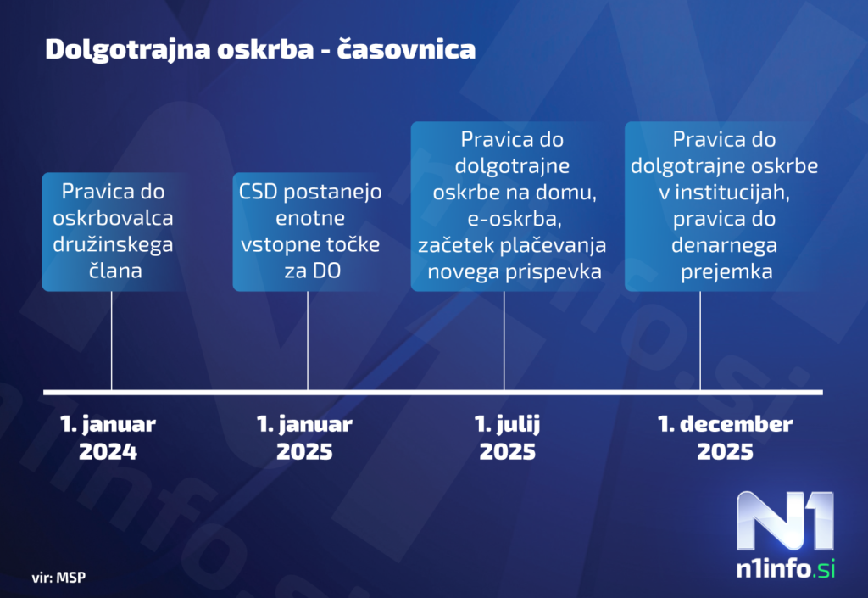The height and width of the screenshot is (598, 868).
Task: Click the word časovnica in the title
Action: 406,48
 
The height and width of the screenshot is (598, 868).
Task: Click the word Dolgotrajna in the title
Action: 128,50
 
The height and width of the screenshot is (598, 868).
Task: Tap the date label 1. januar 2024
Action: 108,438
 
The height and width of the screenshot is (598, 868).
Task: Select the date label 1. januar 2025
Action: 304,438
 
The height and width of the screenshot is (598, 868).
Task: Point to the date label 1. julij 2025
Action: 507,438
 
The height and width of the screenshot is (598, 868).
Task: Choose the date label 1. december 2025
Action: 726,438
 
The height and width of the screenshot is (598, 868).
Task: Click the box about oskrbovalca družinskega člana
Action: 114,232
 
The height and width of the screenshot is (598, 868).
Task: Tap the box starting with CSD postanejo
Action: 310,232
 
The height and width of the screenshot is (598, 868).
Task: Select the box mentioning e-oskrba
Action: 512,206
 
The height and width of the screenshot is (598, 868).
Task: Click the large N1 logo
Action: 785,521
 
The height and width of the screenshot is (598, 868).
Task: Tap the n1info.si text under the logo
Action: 786,568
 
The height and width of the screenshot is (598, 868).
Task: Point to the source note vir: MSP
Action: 58,578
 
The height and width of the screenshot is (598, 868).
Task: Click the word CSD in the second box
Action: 258,192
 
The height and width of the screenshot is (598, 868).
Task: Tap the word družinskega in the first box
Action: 113,245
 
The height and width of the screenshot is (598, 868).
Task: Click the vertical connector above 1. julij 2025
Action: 504,340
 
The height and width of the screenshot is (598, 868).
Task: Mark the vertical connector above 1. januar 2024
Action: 111,340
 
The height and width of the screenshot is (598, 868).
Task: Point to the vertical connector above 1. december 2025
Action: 700,340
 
